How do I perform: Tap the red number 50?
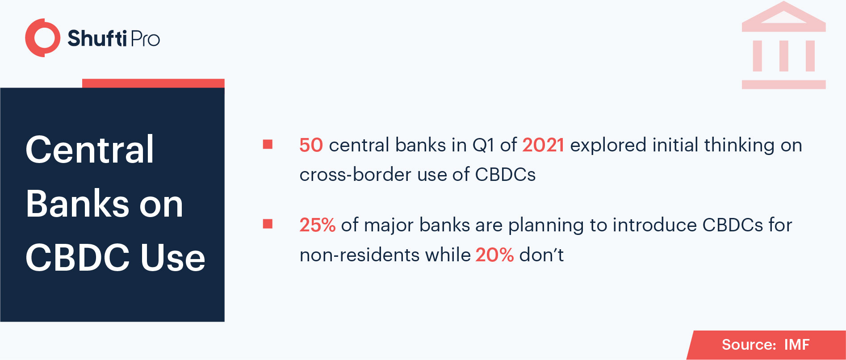[311, 145]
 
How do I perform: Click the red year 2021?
[543, 145]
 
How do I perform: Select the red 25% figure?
[317, 225]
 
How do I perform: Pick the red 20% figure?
[494, 255]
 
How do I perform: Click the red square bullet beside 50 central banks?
[268, 144]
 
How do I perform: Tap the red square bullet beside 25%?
[268, 224]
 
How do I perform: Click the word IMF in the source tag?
[797, 344]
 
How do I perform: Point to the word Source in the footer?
[749, 344]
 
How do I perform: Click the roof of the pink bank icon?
[783, 17]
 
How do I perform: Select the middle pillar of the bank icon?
[784, 56]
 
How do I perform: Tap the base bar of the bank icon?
[783, 84]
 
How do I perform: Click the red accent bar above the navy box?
[153, 83]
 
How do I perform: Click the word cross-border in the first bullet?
[356, 175]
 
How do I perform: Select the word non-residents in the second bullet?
[360, 255]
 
